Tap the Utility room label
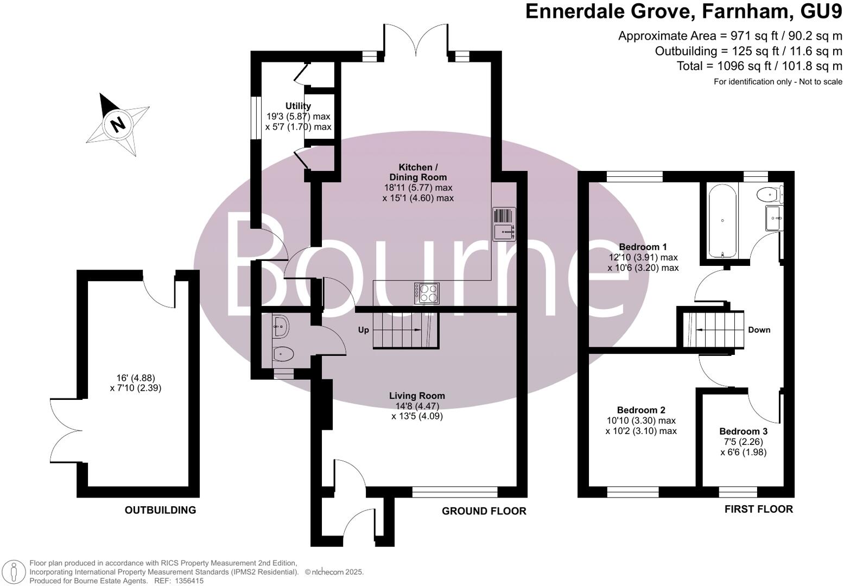pos(298,106)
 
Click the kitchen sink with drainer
pos(504,224)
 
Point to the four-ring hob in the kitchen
pos(427,294)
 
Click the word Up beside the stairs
pos(363,330)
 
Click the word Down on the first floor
pos(759,330)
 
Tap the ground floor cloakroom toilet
pos(283,354)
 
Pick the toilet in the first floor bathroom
pos(769,194)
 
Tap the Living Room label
pos(417,396)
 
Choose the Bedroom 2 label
pos(641,410)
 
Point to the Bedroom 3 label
pos(743,431)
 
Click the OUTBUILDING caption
pos(160,510)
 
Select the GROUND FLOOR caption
pos(484,511)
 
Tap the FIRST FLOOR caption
pos(758,509)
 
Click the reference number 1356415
pos(187,581)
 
